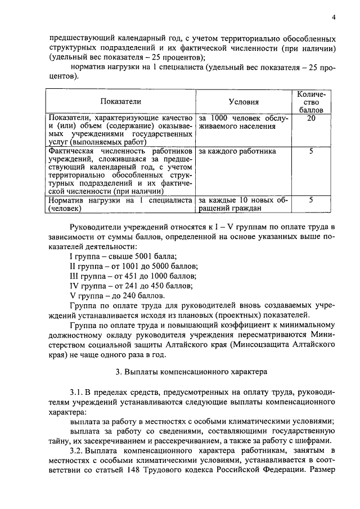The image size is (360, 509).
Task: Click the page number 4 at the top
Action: (334, 17)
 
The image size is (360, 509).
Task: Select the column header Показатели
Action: (120, 101)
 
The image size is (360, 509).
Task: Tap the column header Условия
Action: (244, 102)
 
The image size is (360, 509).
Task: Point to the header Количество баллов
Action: (311, 101)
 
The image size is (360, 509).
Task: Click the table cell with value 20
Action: (311, 119)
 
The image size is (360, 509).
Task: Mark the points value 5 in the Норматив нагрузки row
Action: (311, 200)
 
